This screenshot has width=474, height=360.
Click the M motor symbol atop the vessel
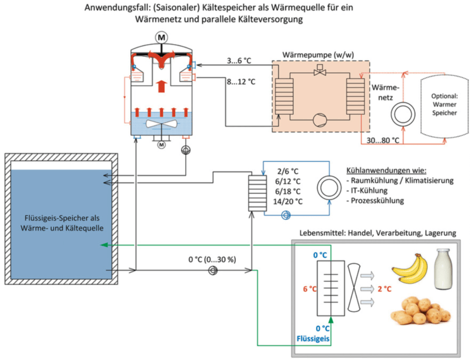point(162,37)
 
